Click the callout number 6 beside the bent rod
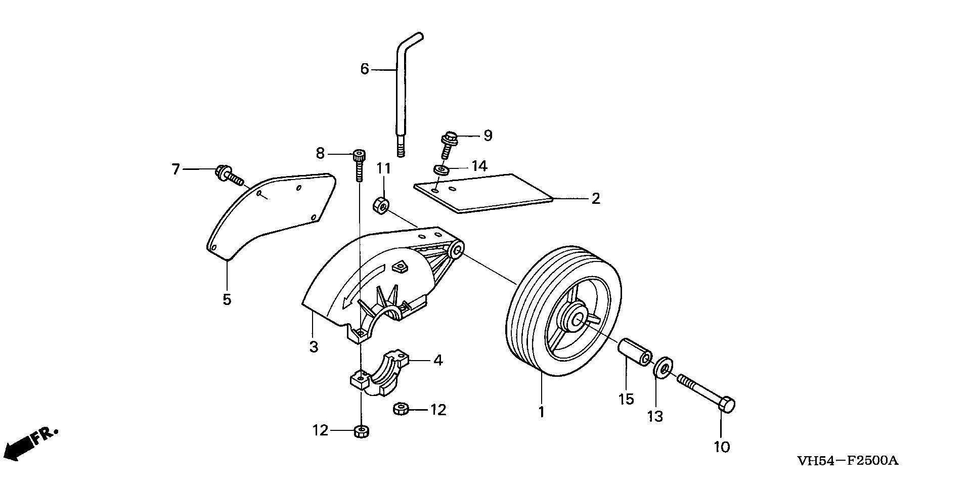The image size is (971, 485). pyautogui.click(x=365, y=69)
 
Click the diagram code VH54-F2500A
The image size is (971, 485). pyautogui.click(x=847, y=461)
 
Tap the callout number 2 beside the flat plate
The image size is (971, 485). pyautogui.click(x=595, y=198)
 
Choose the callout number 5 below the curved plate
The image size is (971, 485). pyautogui.click(x=227, y=299)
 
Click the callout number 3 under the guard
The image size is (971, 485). pyautogui.click(x=314, y=347)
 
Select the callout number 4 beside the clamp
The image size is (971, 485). pyautogui.click(x=438, y=360)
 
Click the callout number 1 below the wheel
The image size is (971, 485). pyautogui.click(x=541, y=412)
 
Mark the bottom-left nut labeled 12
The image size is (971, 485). pyautogui.click(x=361, y=431)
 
